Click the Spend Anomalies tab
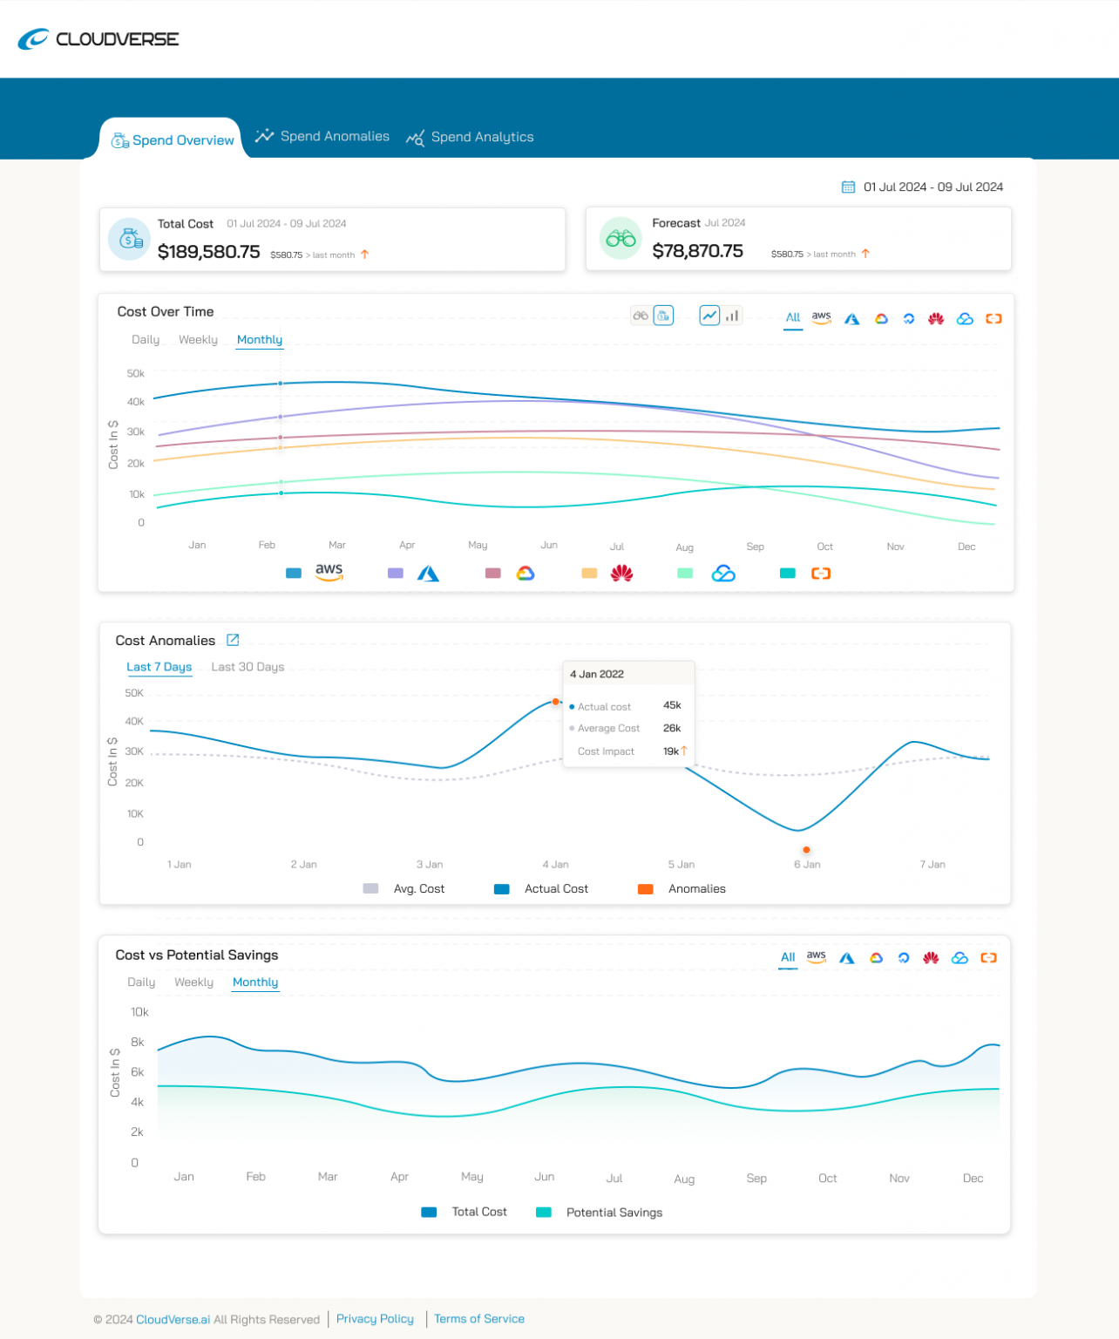(323, 137)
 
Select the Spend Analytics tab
(471, 137)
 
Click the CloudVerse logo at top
(98, 39)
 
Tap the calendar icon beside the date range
(847, 187)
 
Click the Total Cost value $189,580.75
(208, 252)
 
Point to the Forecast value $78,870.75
(697, 251)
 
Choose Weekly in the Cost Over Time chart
(198, 340)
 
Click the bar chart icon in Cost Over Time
(733, 316)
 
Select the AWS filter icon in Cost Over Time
(821, 318)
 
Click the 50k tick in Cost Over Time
(135, 373)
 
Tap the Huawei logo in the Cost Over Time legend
(621, 574)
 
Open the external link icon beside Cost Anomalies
(233, 640)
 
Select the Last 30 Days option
(248, 667)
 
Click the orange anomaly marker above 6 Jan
(806, 850)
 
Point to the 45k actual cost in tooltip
(672, 705)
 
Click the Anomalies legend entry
(682, 889)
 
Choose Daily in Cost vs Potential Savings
(141, 982)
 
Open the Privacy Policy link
(375, 1319)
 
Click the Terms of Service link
(479, 1319)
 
